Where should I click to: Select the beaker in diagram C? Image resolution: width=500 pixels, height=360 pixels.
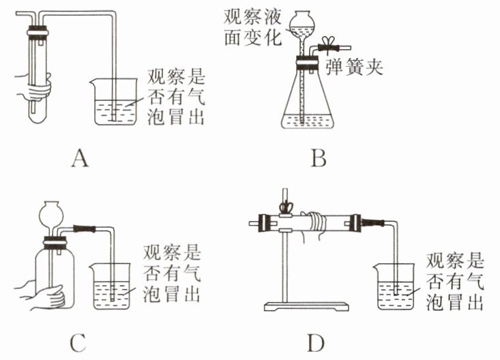[109, 286]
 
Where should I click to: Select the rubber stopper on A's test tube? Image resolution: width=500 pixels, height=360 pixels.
[36, 31]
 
